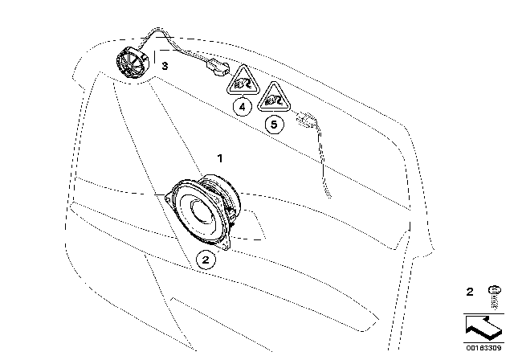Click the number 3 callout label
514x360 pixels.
[x=165, y=66]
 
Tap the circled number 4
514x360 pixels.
[x=243, y=107]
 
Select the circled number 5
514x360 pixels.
[x=274, y=125]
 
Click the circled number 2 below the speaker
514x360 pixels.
[x=206, y=260]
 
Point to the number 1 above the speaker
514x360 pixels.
[x=220, y=158]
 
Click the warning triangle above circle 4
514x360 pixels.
[x=243, y=80]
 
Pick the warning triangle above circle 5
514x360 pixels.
[x=274, y=96]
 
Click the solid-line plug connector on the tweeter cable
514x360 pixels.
[x=218, y=67]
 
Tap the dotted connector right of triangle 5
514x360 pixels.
[x=306, y=120]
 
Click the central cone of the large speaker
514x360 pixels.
[x=202, y=212]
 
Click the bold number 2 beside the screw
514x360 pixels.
[x=470, y=292]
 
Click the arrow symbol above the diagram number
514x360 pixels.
[x=483, y=328]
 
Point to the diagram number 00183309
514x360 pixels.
[x=483, y=347]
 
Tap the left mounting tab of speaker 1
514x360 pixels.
[x=169, y=198]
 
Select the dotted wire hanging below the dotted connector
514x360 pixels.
[x=324, y=161]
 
